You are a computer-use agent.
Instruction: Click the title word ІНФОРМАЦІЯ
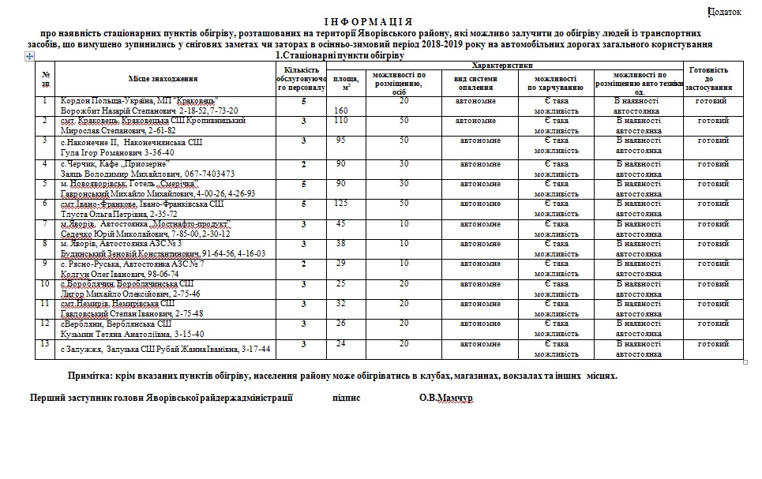(x=368, y=21)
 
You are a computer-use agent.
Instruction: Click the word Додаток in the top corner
(x=726, y=11)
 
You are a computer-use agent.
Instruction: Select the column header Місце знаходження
(x=163, y=78)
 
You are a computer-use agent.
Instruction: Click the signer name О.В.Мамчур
(x=446, y=399)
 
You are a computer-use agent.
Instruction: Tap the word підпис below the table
(x=347, y=399)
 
